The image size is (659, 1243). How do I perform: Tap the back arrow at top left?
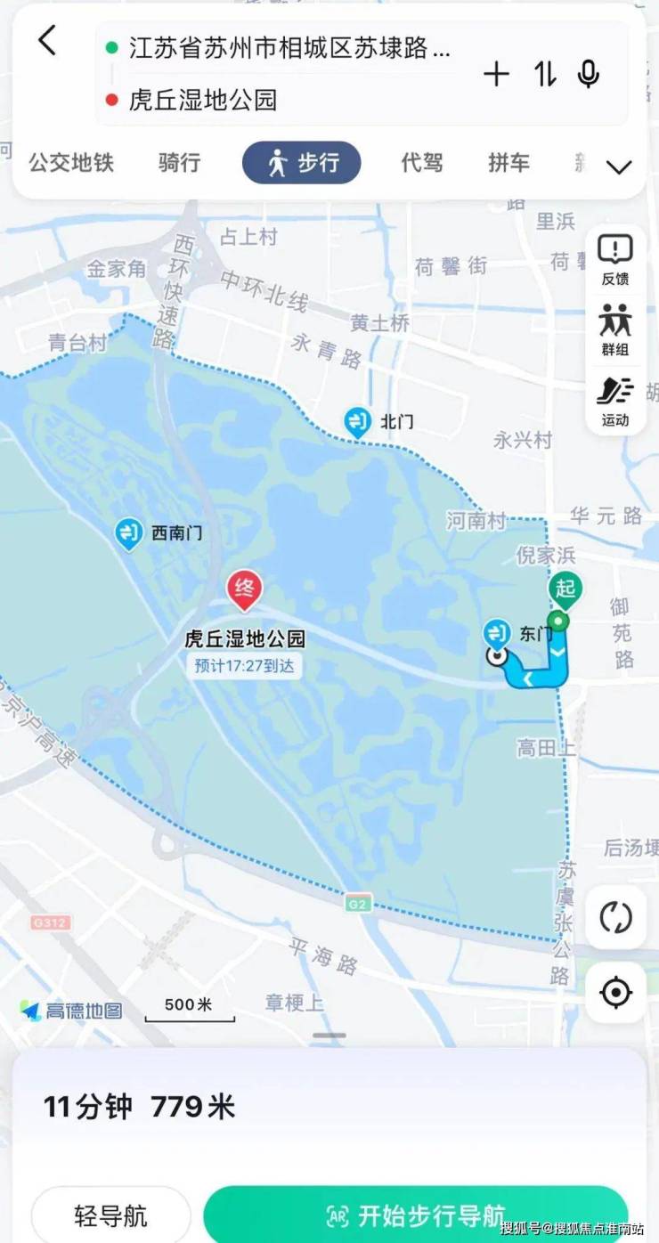click(x=47, y=41)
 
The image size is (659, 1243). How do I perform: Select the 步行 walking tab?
click(x=302, y=163)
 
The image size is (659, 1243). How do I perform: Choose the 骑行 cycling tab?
click(x=179, y=163)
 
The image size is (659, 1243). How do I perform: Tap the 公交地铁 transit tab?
click(x=71, y=163)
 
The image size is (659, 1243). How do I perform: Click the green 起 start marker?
click(x=564, y=589)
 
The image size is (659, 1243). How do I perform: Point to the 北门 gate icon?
click(x=358, y=421)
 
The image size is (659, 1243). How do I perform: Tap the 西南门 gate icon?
click(x=129, y=533)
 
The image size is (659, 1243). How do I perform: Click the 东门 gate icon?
click(x=497, y=634)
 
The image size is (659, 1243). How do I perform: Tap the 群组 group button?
click(x=615, y=329)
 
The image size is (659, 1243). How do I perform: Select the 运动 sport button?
click(x=615, y=400)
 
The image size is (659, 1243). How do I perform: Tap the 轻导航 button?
click(x=111, y=1215)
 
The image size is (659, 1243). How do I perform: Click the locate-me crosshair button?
click(x=615, y=992)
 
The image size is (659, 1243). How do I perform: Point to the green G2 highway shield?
click(x=358, y=904)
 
